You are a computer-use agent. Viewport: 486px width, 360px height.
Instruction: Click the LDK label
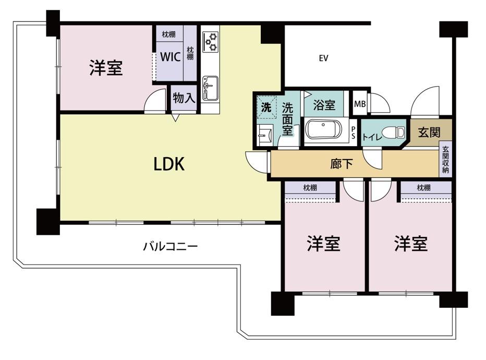[x=169, y=164]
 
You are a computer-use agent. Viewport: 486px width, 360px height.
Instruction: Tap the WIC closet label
[x=171, y=56]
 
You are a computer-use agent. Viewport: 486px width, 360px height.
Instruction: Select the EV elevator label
[x=323, y=58]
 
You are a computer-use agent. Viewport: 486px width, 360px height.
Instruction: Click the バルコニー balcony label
[x=171, y=246]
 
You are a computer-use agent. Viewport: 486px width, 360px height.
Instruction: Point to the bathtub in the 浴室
[x=323, y=129]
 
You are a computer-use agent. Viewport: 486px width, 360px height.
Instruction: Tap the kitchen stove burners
[x=211, y=42]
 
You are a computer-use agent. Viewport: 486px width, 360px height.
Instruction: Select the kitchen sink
[x=211, y=86]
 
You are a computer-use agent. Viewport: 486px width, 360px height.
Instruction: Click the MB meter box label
[x=360, y=103]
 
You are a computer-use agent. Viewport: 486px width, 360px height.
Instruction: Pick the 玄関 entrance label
[x=429, y=133]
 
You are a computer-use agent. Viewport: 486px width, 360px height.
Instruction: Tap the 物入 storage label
[x=184, y=98]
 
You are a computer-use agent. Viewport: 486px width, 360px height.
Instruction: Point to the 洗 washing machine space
[x=266, y=109]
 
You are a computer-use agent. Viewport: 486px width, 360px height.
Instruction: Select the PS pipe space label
[x=353, y=133]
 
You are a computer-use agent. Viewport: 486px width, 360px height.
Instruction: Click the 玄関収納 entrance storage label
[x=446, y=160]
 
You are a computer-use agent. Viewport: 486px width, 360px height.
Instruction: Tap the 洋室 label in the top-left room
[x=106, y=68]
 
